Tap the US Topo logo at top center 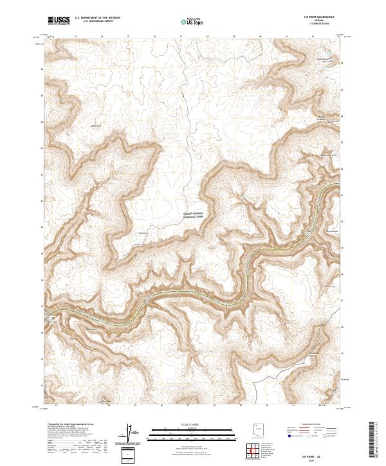[190, 21]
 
